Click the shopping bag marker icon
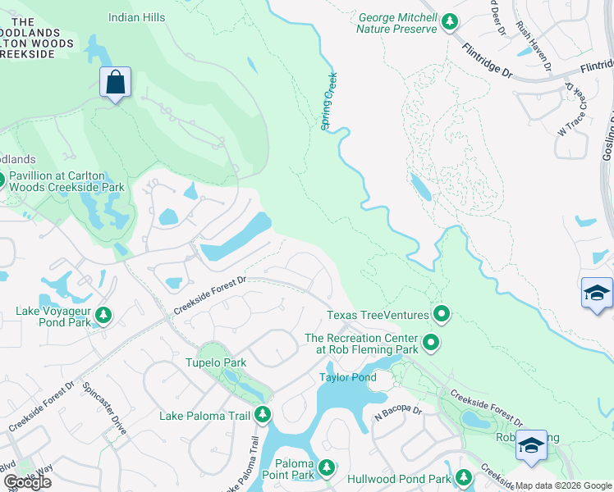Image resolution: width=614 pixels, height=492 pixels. (x=115, y=83)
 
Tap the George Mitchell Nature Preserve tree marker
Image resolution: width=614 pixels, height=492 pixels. (x=449, y=22)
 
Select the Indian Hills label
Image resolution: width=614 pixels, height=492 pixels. (x=136, y=17)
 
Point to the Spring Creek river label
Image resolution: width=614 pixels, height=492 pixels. (x=329, y=100)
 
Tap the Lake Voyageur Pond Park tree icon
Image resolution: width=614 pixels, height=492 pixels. (x=103, y=314)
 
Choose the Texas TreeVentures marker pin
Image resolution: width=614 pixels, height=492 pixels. (x=442, y=313)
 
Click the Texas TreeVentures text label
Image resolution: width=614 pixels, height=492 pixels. (x=378, y=314)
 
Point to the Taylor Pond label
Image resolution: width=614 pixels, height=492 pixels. (x=347, y=377)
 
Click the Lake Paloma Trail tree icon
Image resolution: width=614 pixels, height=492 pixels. (x=263, y=415)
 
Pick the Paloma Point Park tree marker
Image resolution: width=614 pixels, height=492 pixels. (x=328, y=468)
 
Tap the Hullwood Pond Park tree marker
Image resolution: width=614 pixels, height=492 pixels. (x=464, y=477)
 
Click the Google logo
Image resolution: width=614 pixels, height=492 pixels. (x=27, y=482)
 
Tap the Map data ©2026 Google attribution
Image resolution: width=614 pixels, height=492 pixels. (x=563, y=485)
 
